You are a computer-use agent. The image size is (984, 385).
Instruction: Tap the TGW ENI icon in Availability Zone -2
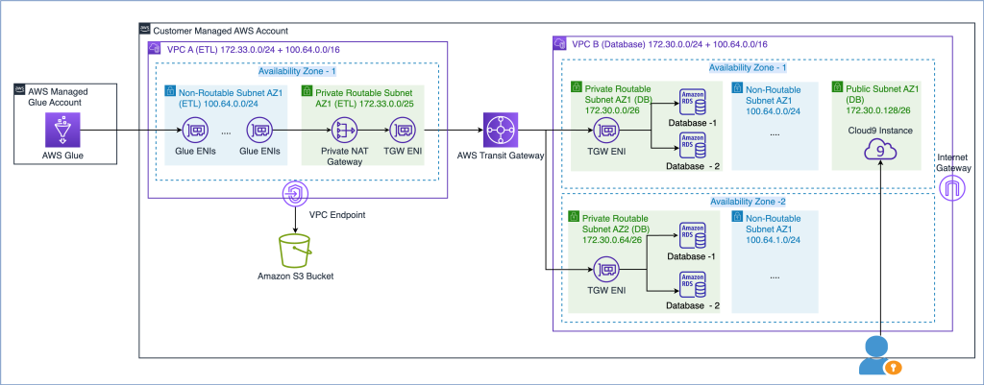click(x=606, y=272)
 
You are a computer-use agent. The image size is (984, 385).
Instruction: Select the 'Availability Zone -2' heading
click(x=748, y=202)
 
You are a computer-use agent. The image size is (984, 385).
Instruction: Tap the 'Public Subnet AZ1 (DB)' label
click(x=880, y=92)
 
